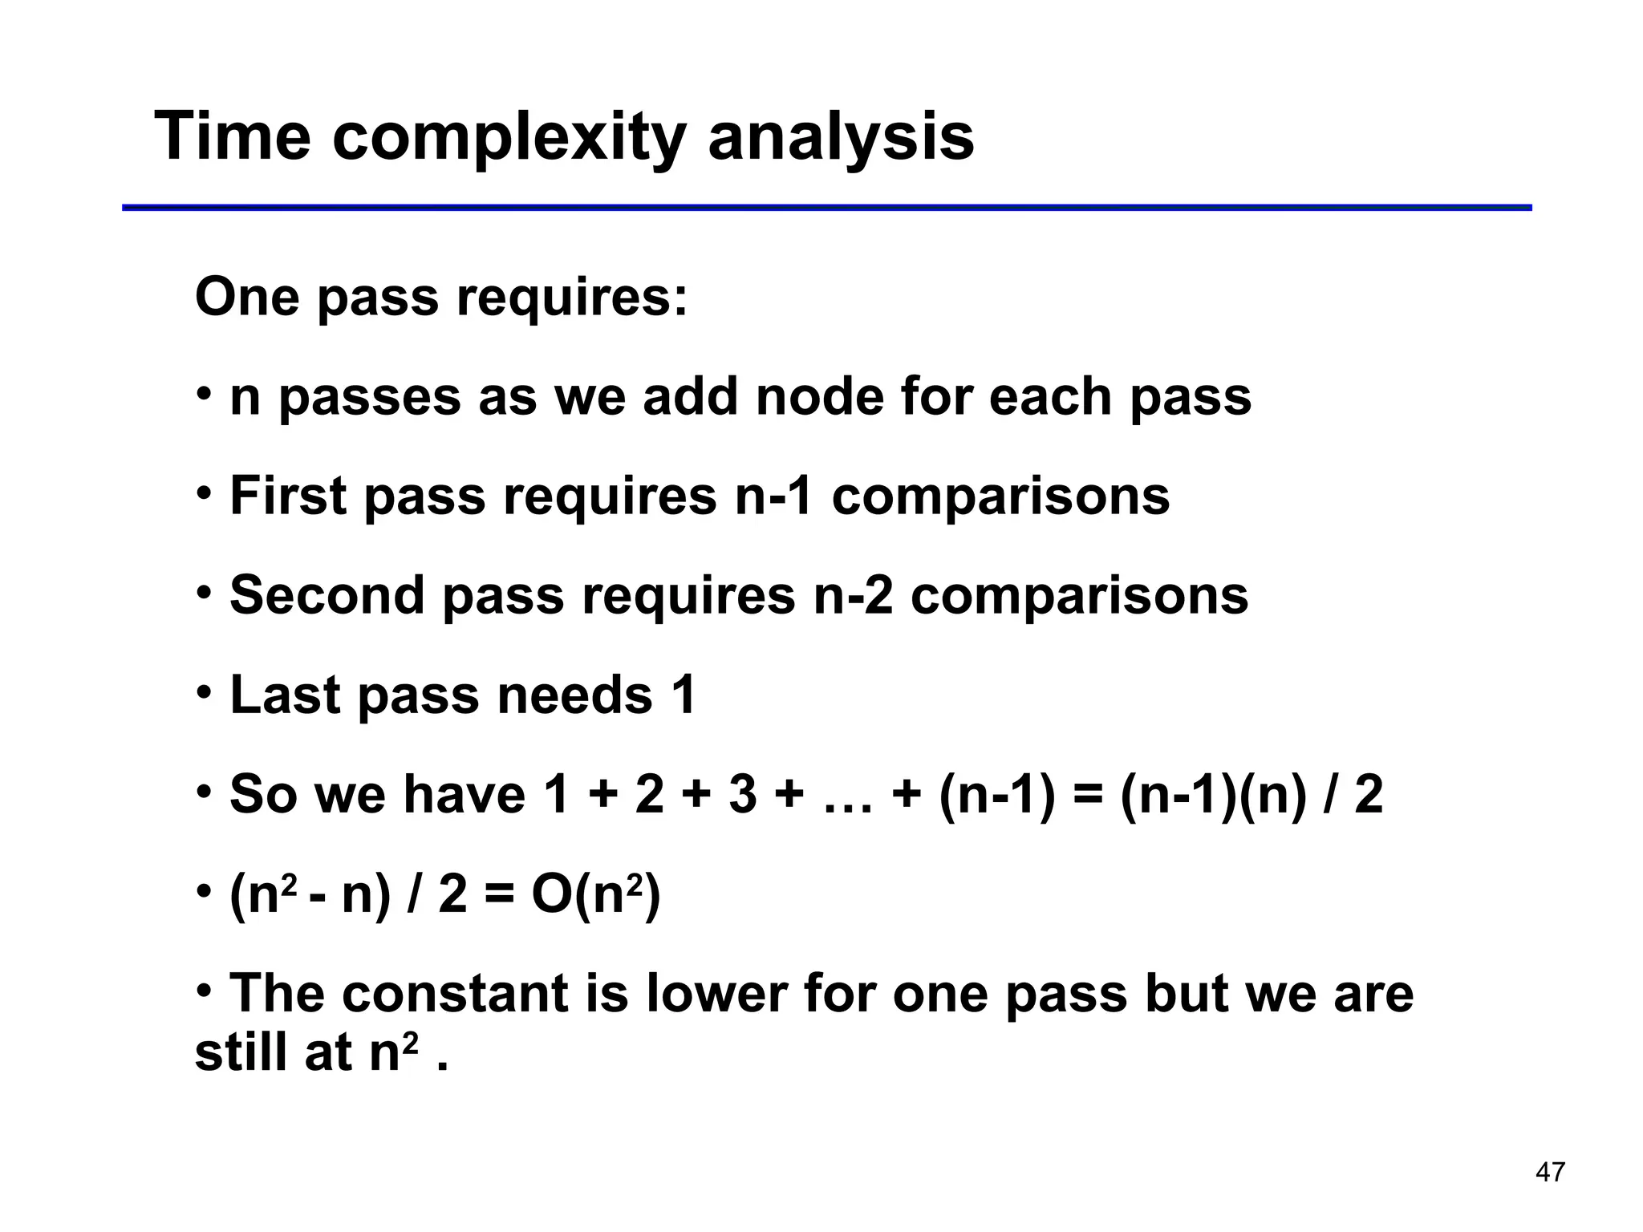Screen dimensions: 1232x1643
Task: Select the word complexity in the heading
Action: coord(509,138)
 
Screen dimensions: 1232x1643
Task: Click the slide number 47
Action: coord(1549,1172)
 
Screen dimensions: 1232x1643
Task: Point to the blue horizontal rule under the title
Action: coord(826,208)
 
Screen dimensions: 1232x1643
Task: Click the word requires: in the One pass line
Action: coord(572,298)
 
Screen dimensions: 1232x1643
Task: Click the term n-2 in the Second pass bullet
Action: coord(853,595)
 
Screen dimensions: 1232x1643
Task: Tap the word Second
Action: coord(327,595)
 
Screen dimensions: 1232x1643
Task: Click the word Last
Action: coord(285,695)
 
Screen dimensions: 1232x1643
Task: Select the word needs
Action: coord(574,695)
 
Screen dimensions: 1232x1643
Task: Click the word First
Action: coord(288,496)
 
